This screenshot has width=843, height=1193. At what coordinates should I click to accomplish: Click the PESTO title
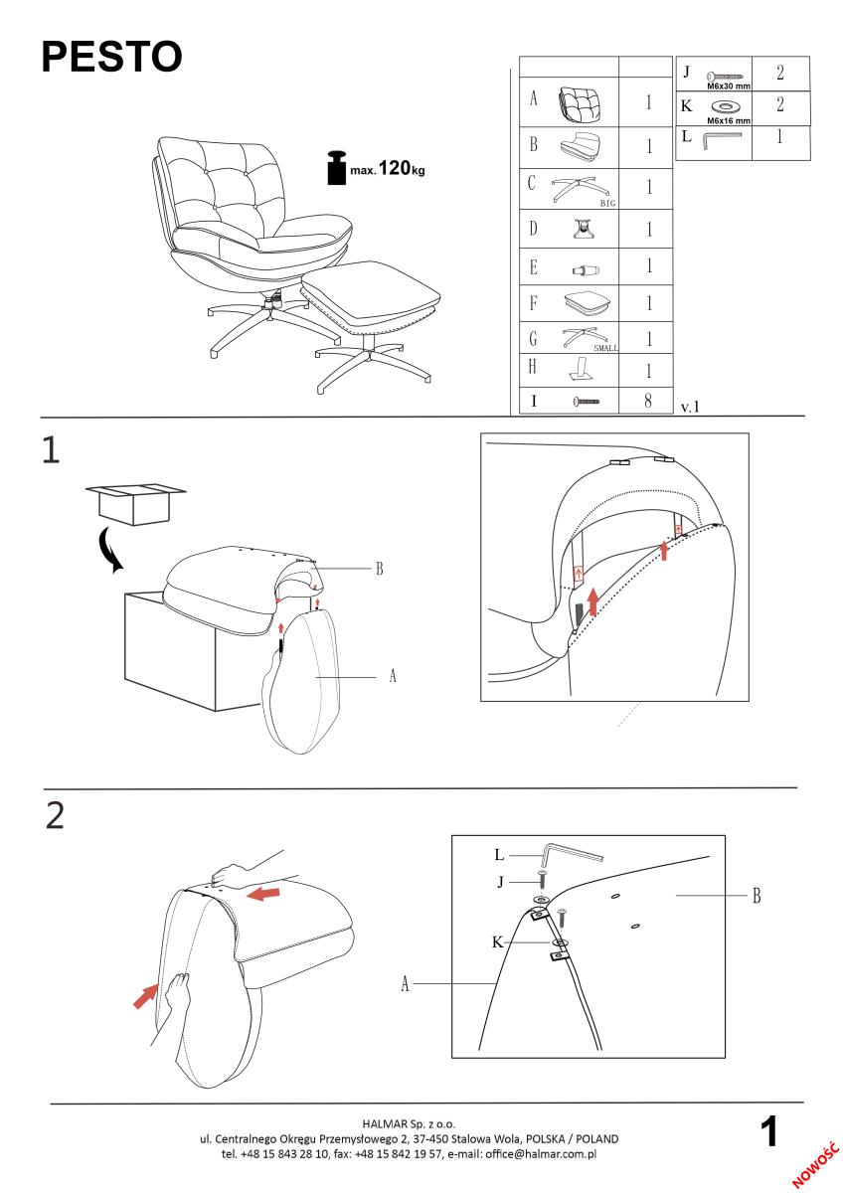111,58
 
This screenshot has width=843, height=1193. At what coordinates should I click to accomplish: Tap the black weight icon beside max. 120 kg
335,168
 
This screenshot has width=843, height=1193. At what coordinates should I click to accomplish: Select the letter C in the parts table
533,183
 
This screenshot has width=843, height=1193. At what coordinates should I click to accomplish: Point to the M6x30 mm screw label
728,86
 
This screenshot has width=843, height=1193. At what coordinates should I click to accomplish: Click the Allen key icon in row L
723,140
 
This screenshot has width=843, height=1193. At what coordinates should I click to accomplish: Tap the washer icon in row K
727,106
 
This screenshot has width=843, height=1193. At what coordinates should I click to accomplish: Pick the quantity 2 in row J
780,74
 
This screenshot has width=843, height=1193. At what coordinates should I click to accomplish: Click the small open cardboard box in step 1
134,501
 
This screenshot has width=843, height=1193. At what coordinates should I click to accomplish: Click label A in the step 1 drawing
393,675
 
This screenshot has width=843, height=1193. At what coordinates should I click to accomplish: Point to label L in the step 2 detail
500,854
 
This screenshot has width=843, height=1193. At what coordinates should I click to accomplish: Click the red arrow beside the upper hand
263,893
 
